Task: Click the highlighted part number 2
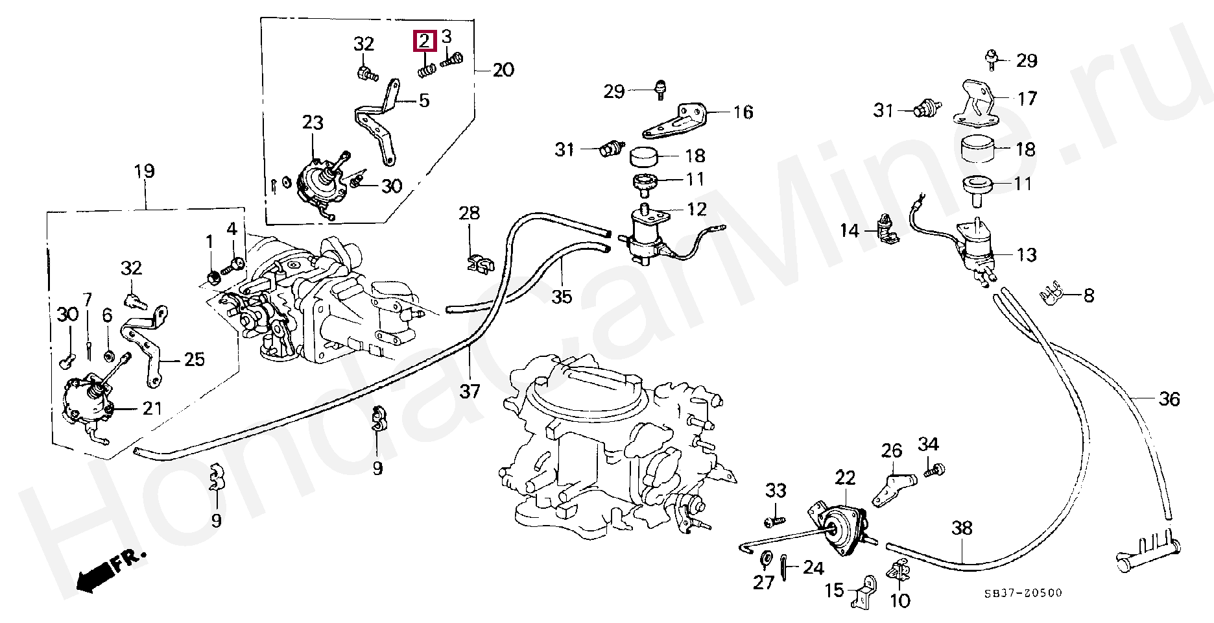423,42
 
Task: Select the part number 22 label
845,478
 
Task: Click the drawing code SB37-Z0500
1023,593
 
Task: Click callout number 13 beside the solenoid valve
1027,254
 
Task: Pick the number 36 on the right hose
1169,399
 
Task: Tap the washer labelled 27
766,557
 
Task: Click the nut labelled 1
211,278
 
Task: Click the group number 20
503,69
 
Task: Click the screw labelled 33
774,520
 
